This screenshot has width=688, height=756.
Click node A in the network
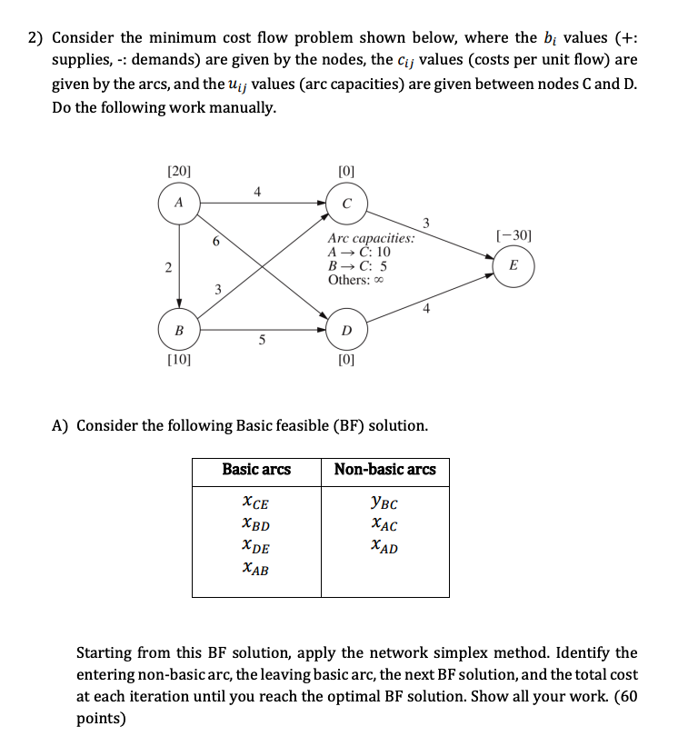point(179,203)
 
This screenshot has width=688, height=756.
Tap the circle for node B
point(179,330)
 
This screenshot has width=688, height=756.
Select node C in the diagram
point(345,203)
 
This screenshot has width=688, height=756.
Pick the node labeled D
point(345,330)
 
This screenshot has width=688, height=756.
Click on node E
point(514,266)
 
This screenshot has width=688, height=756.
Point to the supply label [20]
point(179,171)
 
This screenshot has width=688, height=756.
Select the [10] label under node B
point(179,361)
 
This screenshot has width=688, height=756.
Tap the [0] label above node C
point(345,171)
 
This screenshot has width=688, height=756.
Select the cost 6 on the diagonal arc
point(214,243)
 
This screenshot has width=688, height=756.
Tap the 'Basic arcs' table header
point(256,470)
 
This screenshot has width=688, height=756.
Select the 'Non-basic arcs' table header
point(384,470)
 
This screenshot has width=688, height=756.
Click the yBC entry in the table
point(384,503)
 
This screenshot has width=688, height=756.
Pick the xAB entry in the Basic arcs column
point(256,570)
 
